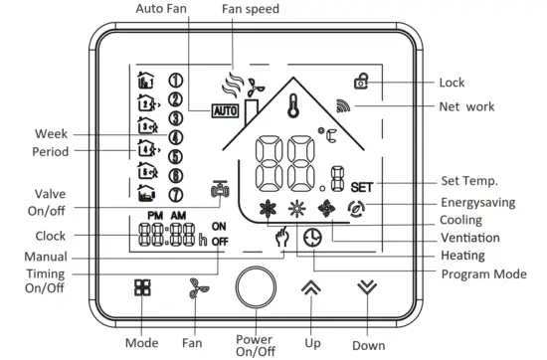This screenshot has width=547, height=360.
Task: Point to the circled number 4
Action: (176, 137)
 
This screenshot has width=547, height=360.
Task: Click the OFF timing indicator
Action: (220, 242)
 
